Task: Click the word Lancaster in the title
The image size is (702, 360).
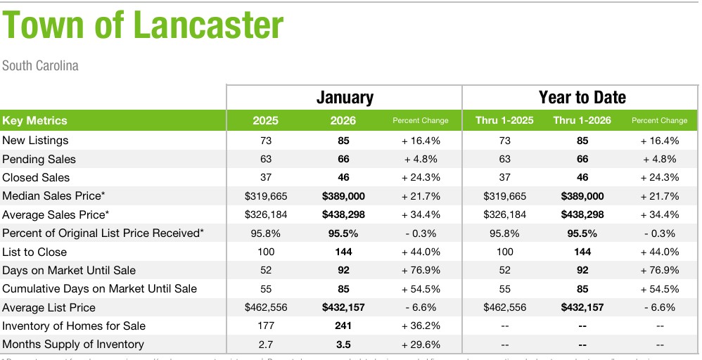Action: (208, 27)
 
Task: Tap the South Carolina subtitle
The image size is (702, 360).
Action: (40, 65)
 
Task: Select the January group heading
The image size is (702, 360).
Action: (344, 97)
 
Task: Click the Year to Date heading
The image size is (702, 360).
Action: (582, 97)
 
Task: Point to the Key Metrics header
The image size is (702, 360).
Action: (35, 120)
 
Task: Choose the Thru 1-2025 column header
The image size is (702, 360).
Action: (504, 120)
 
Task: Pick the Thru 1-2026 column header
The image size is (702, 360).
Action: (582, 120)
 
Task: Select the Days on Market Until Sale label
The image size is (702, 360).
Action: (69, 270)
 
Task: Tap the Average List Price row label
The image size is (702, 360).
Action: (49, 307)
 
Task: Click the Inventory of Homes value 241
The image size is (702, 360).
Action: (343, 326)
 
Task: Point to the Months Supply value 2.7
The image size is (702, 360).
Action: (265, 344)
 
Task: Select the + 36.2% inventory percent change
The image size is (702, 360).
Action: (421, 326)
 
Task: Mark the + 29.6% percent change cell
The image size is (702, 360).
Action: (421, 344)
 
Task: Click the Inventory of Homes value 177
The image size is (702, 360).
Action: (265, 326)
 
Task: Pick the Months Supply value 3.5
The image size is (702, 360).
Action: (343, 344)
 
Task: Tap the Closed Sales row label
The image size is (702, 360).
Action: (36, 177)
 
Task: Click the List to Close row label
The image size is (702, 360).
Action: (34, 252)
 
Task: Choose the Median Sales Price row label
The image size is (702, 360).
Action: (56, 196)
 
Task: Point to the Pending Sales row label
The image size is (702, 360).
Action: (39, 159)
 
